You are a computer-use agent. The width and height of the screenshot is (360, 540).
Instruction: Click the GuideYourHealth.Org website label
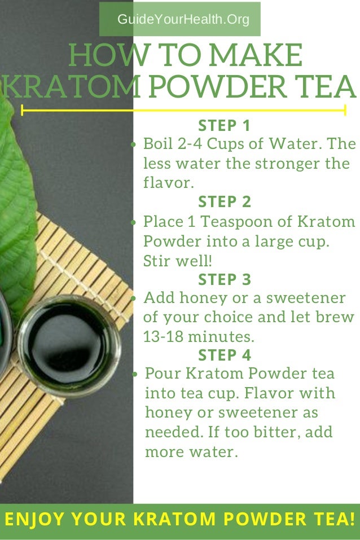183,19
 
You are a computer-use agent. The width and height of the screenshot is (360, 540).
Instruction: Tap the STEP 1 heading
224,126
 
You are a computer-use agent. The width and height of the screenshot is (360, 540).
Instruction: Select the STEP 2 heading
225,202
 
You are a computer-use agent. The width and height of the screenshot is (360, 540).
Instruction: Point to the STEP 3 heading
225,279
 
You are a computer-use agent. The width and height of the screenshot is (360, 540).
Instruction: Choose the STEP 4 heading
225,355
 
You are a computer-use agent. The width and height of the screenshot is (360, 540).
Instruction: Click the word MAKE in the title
256,55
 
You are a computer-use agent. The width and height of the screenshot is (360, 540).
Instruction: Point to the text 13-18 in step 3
163,336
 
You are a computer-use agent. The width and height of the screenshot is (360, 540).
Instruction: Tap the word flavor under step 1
169,182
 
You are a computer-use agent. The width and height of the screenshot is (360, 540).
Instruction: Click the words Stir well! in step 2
177,261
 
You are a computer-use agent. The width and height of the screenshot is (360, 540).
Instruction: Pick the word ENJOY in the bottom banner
34,519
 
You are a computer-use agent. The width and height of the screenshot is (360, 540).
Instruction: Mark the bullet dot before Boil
134,144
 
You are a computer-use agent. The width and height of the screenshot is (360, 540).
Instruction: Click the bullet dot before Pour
134,374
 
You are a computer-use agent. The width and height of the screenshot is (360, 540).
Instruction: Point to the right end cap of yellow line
345,110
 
